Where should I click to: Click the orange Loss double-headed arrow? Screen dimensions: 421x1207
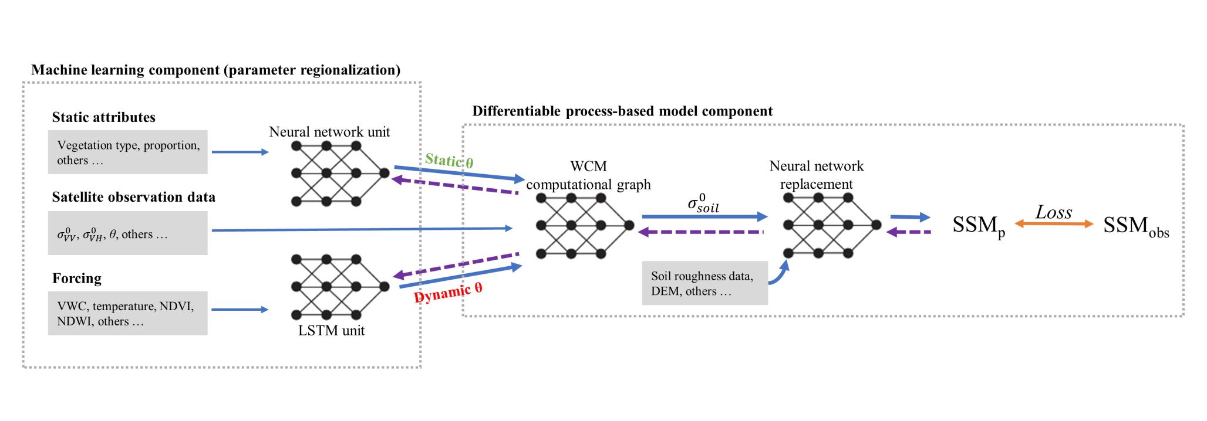click(x=1054, y=223)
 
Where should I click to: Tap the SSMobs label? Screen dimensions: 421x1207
click(x=1135, y=226)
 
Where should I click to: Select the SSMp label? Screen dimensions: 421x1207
click(x=978, y=226)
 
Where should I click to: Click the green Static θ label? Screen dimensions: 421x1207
click(x=449, y=161)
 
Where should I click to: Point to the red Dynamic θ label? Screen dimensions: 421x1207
click(x=448, y=292)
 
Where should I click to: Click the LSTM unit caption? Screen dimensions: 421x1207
click(x=331, y=331)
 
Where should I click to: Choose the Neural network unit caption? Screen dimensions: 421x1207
click(x=329, y=132)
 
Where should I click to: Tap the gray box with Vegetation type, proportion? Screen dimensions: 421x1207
click(x=127, y=152)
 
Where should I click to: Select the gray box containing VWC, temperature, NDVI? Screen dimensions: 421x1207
click(x=127, y=313)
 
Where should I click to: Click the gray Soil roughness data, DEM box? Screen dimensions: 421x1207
click(x=704, y=283)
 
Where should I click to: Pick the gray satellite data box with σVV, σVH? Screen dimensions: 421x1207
click(x=127, y=233)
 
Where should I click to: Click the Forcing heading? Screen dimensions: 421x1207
click(x=77, y=279)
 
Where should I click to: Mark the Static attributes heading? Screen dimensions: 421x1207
click(x=103, y=117)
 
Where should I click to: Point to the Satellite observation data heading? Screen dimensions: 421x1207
click(x=133, y=197)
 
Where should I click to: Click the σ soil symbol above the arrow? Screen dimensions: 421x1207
click(x=703, y=203)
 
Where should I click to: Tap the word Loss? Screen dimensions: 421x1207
click(x=1054, y=212)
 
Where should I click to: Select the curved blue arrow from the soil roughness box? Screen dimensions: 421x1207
click(x=780, y=274)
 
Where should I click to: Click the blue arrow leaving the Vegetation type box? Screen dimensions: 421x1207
click(x=240, y=152)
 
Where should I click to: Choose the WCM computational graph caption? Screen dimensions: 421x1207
click(x=588, y=175)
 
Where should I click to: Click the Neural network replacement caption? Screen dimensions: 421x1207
click(x=816, y=175)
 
